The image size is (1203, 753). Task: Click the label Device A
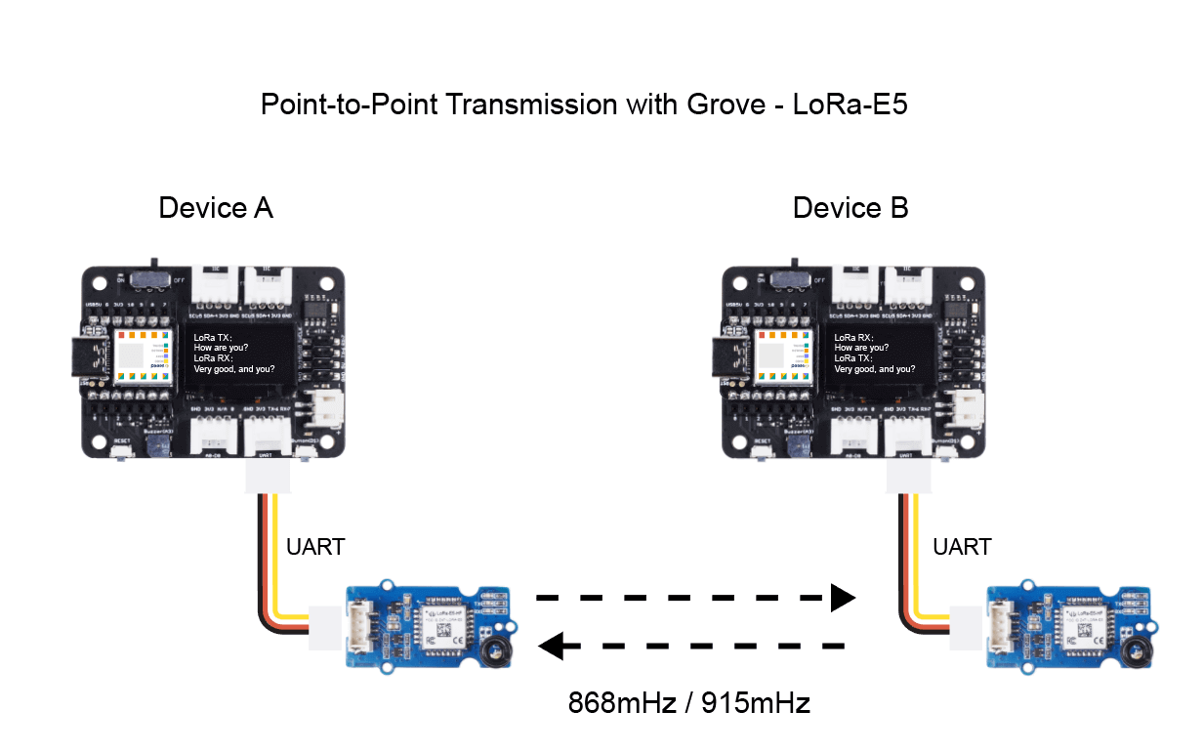(216, 208)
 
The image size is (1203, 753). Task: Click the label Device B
(850, 208)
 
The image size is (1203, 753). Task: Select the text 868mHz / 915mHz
(689, 702)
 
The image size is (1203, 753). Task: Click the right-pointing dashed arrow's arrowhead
(842, 598)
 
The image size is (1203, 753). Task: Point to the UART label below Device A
(315, 547)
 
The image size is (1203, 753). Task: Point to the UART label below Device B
(962, 547)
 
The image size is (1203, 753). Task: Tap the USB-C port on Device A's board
(89, 357)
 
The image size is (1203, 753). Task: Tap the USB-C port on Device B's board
(730, 357)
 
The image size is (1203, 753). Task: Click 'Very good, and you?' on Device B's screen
(875, 369)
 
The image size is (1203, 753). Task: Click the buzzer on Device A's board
(155, 447)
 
